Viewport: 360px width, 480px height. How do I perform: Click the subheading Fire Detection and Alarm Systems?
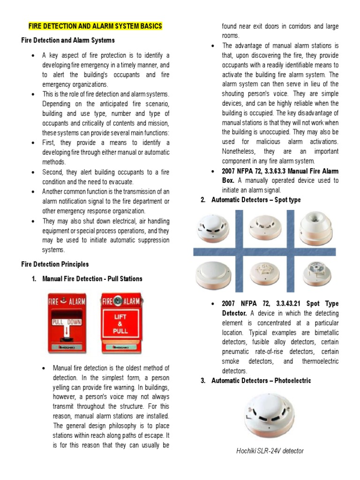[68, 40]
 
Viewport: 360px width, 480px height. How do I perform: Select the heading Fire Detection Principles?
[55, 264]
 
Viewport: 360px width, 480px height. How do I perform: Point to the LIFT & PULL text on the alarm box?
[121, 323]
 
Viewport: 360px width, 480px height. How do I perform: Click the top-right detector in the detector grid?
[316, 225]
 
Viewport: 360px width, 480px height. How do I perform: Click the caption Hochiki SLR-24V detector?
[270, 451]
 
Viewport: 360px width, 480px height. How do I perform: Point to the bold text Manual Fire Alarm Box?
[280, 176]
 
